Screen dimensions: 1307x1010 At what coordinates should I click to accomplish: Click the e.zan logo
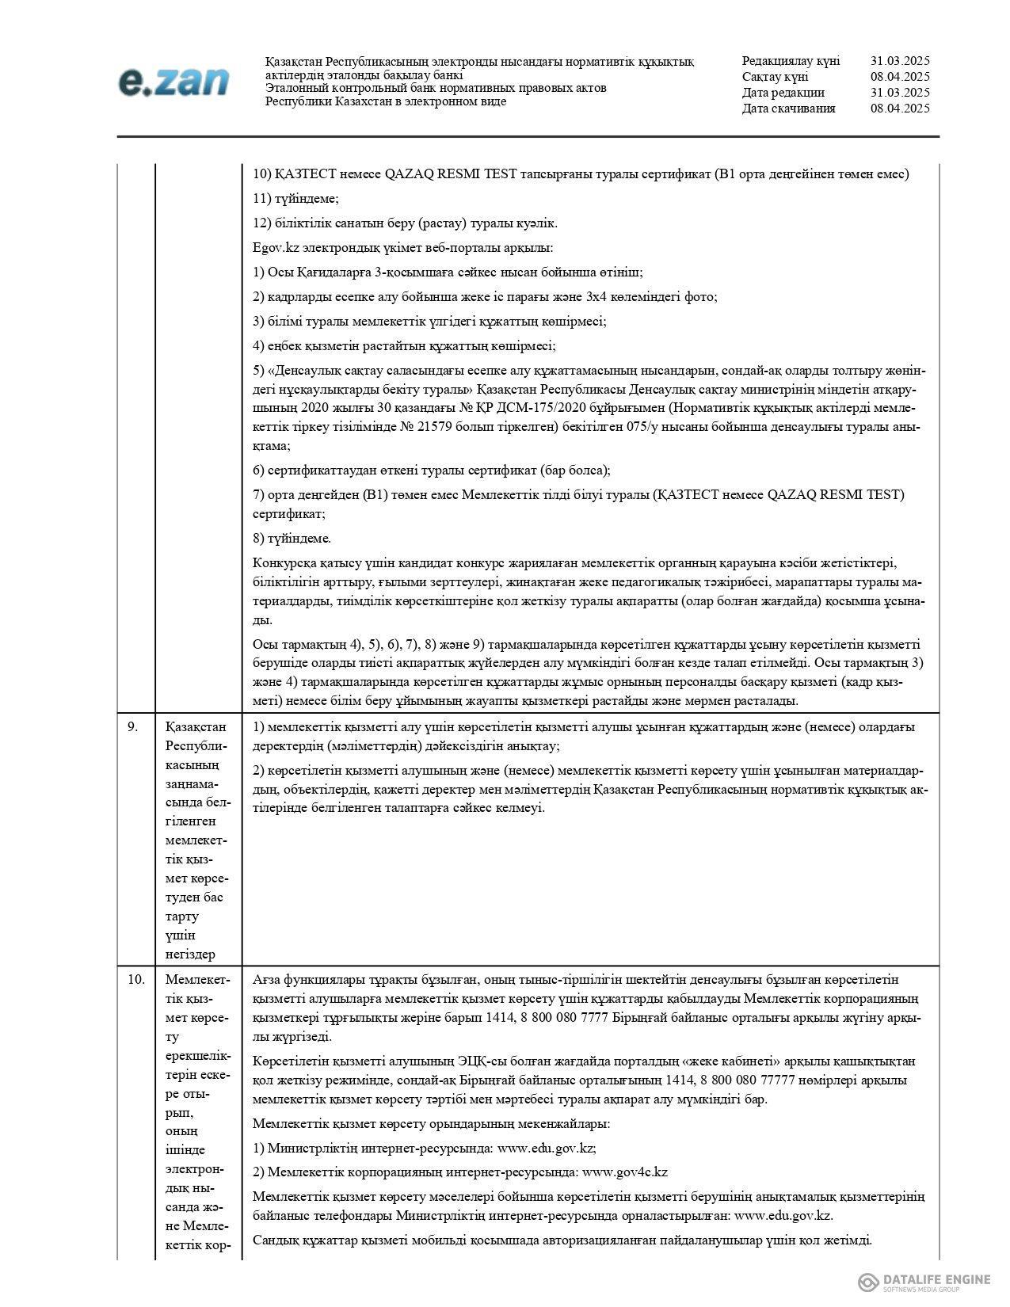(x=173, y=82)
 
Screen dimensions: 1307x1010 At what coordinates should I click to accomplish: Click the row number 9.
(x=132, y=726)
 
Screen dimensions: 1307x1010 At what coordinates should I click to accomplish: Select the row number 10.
(x=135, y=980)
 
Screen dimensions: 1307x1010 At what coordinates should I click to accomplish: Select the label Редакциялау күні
(x=791, y=61)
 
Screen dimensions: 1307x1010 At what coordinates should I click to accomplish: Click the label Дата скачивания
(x=788, y=109)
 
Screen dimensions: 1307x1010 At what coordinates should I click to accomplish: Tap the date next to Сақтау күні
(x=899, y=77)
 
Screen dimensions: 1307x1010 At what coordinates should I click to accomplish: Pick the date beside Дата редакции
(x=899, y=93)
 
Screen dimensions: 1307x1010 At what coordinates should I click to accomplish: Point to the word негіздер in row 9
(x=190, y=955)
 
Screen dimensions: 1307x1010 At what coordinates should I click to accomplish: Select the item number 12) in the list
(x=263, y=223)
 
